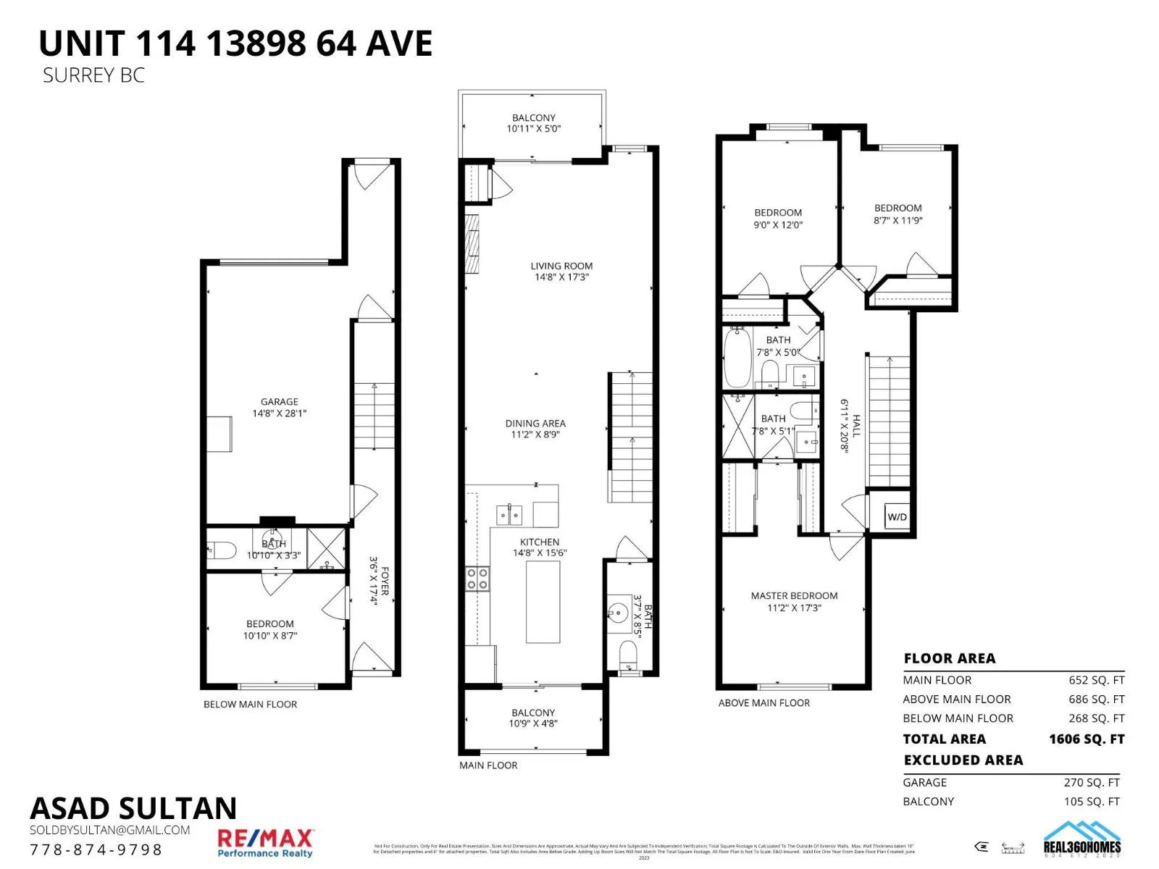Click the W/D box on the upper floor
tap(897, 517)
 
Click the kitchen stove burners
tap(477, 579)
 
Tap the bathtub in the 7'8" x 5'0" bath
tap(737, 359)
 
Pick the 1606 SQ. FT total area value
tap(1086, 739)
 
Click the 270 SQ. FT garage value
tap(1092, 782)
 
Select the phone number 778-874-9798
tap(96, 849)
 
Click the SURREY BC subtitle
tap(93, 75)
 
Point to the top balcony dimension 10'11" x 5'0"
tap(534, 129)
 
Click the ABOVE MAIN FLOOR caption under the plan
tap(764, 702)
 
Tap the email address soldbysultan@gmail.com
tap(110, 830)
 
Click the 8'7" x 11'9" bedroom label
tap(898, 214)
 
